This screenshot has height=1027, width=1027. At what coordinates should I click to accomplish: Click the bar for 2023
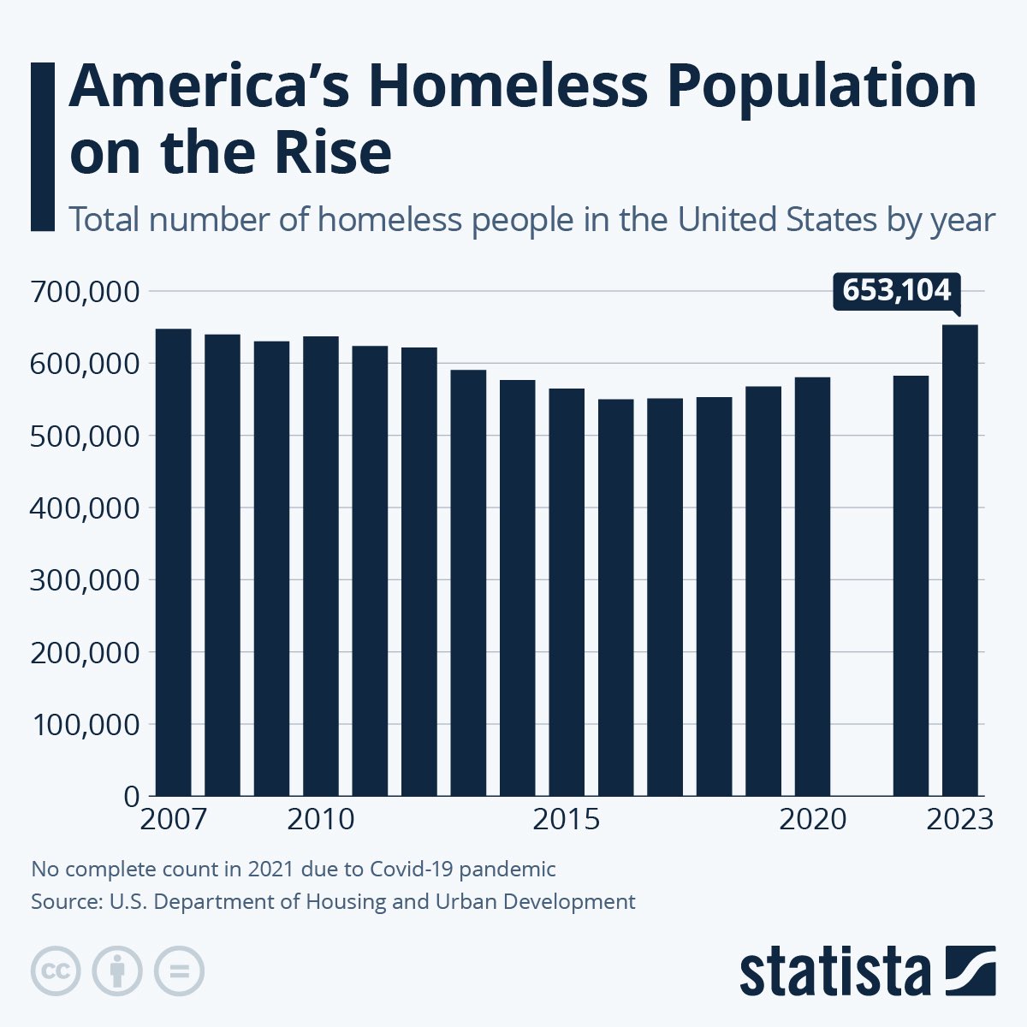(x=959, y=561)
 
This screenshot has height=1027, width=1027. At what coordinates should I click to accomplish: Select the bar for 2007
(x=173, y=562)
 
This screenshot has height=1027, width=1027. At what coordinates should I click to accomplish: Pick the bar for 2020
(x=812, y=586)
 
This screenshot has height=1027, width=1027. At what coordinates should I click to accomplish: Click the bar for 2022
(x=911, y=585)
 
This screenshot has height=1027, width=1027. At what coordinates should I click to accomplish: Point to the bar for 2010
(x=320, y=566)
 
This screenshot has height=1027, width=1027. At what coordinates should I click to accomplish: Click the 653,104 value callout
(x=896, y=291)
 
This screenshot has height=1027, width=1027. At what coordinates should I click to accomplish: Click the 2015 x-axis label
(x=566, y=820)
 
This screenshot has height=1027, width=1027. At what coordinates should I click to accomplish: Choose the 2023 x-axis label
(x=959, y=820)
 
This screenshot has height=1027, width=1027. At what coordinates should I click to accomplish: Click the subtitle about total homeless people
(x=531, y=220)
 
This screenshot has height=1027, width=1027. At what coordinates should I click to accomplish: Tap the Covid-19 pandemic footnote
(x=294, y=870)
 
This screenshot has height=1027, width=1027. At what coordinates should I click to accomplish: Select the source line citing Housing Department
(x=333, y=901)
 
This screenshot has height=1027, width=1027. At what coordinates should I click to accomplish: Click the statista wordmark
(x=834, y=971)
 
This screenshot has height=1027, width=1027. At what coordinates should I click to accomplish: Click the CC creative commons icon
(x=56, y=971)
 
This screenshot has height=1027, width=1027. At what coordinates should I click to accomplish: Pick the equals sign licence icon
(x=179, y=971)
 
